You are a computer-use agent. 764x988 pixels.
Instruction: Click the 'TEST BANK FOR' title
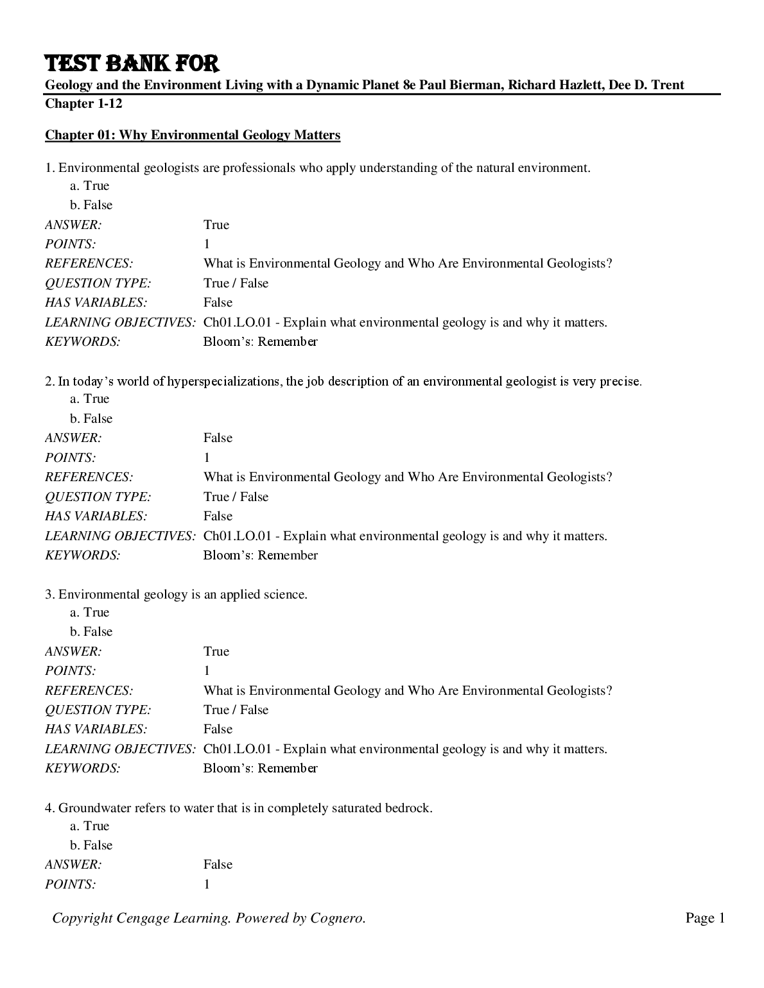(132, 64)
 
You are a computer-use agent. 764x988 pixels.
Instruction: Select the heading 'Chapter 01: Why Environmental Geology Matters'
(193, 135)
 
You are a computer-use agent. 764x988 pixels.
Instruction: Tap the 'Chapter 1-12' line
(83, 103)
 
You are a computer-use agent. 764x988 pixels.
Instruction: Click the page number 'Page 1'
(705, 918)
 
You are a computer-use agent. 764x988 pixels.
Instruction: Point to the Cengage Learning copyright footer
(209, 918)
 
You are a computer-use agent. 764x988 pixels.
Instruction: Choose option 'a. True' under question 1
(90, 185)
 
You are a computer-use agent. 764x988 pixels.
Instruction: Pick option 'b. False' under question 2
(91, 418)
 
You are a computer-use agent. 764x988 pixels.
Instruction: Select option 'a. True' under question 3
(90, 612)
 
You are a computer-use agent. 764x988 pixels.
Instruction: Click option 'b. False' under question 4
(91, 845)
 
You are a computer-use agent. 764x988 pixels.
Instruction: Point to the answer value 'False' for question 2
(218, 438)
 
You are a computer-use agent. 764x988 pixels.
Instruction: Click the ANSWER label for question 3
(73, 651)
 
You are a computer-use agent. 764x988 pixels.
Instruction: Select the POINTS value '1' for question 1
(207, 244)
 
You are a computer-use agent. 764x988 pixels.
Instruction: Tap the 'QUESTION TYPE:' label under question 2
(98, 497)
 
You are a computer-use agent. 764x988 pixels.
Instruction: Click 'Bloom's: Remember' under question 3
(260, 768)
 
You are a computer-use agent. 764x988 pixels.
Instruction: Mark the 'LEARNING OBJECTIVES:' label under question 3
(120, 749)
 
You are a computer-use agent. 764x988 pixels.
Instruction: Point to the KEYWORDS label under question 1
(82, 341)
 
